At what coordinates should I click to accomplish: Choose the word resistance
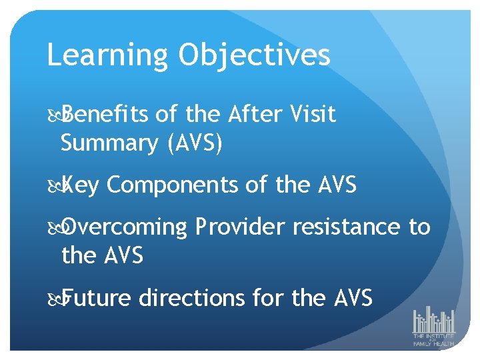click(346, 227)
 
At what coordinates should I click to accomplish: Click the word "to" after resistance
click(419, 227)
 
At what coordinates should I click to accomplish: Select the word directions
click(191, 298)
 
